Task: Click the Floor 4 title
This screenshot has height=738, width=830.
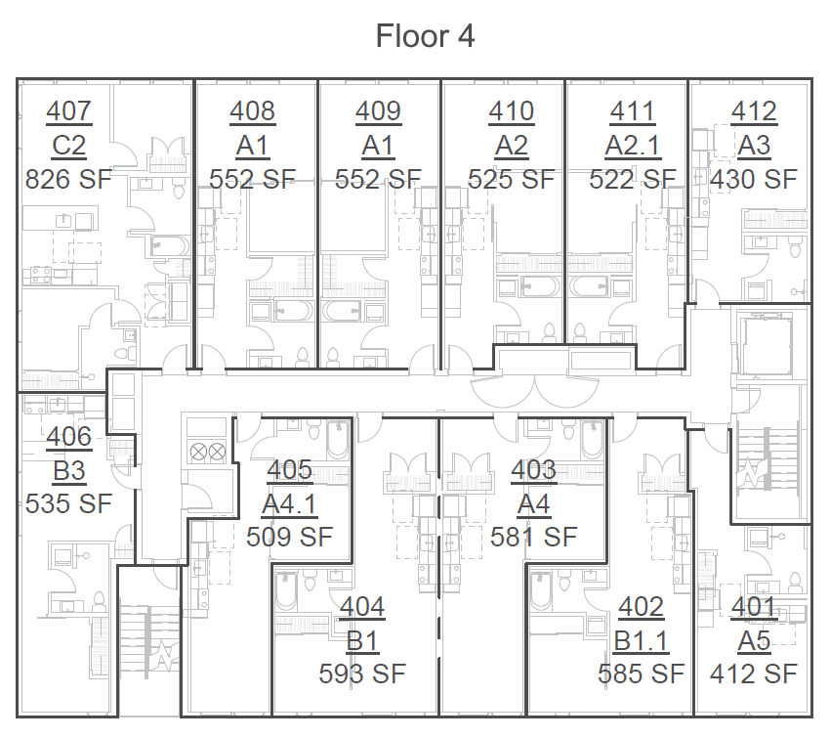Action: click(x=425, y=36)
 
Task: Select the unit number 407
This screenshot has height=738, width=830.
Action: click(x=68, y=111)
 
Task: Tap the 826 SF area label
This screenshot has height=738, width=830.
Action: click(x=68, y=179)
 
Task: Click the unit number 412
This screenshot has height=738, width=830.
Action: click(x=753, y=111)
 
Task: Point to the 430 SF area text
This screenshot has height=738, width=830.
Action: click(x=753, y=179)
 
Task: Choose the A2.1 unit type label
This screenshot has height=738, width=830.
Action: click(x=632, y=146)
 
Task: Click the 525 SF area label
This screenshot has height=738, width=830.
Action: click(x=511, y=179)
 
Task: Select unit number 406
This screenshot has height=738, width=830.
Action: click(x=68, y=437)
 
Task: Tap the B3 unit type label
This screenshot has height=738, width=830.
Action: click(x=68, y=471)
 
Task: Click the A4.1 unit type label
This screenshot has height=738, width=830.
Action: click(x=289, y=504)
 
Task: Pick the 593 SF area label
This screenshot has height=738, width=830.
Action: click(x=362, y=673)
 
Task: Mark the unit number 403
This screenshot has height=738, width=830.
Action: click(x=533, y=470)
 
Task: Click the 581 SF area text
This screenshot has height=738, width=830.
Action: click(x=533, y=537)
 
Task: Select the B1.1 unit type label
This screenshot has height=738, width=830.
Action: click(x=641, y=640)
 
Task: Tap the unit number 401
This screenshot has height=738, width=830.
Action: click(x=753, y=607)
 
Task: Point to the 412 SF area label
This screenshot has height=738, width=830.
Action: click(x=753, y=673)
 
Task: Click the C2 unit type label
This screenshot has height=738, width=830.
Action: click(x=68, y=146)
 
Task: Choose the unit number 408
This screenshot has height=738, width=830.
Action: click(x=252, y=111)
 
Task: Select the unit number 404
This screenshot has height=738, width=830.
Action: click(x=362, y=607)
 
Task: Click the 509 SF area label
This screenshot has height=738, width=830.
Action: click(x=289, y=537)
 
